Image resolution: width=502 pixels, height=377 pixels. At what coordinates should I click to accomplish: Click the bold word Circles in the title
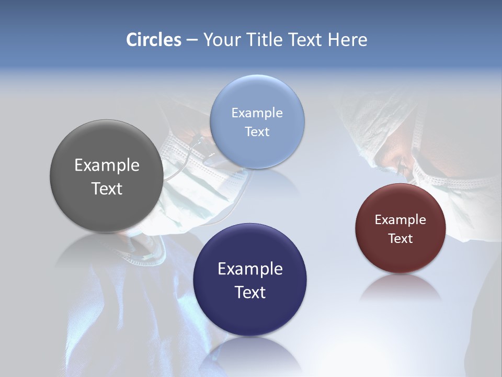(x=154, y=40)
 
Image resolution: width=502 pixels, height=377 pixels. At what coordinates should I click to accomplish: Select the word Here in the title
(x=347, y=40)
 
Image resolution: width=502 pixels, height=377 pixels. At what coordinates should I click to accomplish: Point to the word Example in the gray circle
(x=107, y=165)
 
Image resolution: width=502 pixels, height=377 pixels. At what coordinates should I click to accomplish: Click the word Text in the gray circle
(x=107, y=188)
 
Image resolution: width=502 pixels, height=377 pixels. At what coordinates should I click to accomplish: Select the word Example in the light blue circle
(x=257, y=113)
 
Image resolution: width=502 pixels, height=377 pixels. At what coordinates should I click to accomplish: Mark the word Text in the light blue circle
(x=257, y=132)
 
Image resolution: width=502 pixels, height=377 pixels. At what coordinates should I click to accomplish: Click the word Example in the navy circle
(x=250, y=269)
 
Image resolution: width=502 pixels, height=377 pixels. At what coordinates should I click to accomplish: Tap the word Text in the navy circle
(x=250, y=292)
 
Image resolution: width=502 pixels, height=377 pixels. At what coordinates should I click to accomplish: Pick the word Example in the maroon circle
(x=401, y=220)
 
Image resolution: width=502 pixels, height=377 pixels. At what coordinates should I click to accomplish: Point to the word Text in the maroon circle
(x=401, y=239)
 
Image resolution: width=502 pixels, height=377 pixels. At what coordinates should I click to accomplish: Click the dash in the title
(x=192, y=40)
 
